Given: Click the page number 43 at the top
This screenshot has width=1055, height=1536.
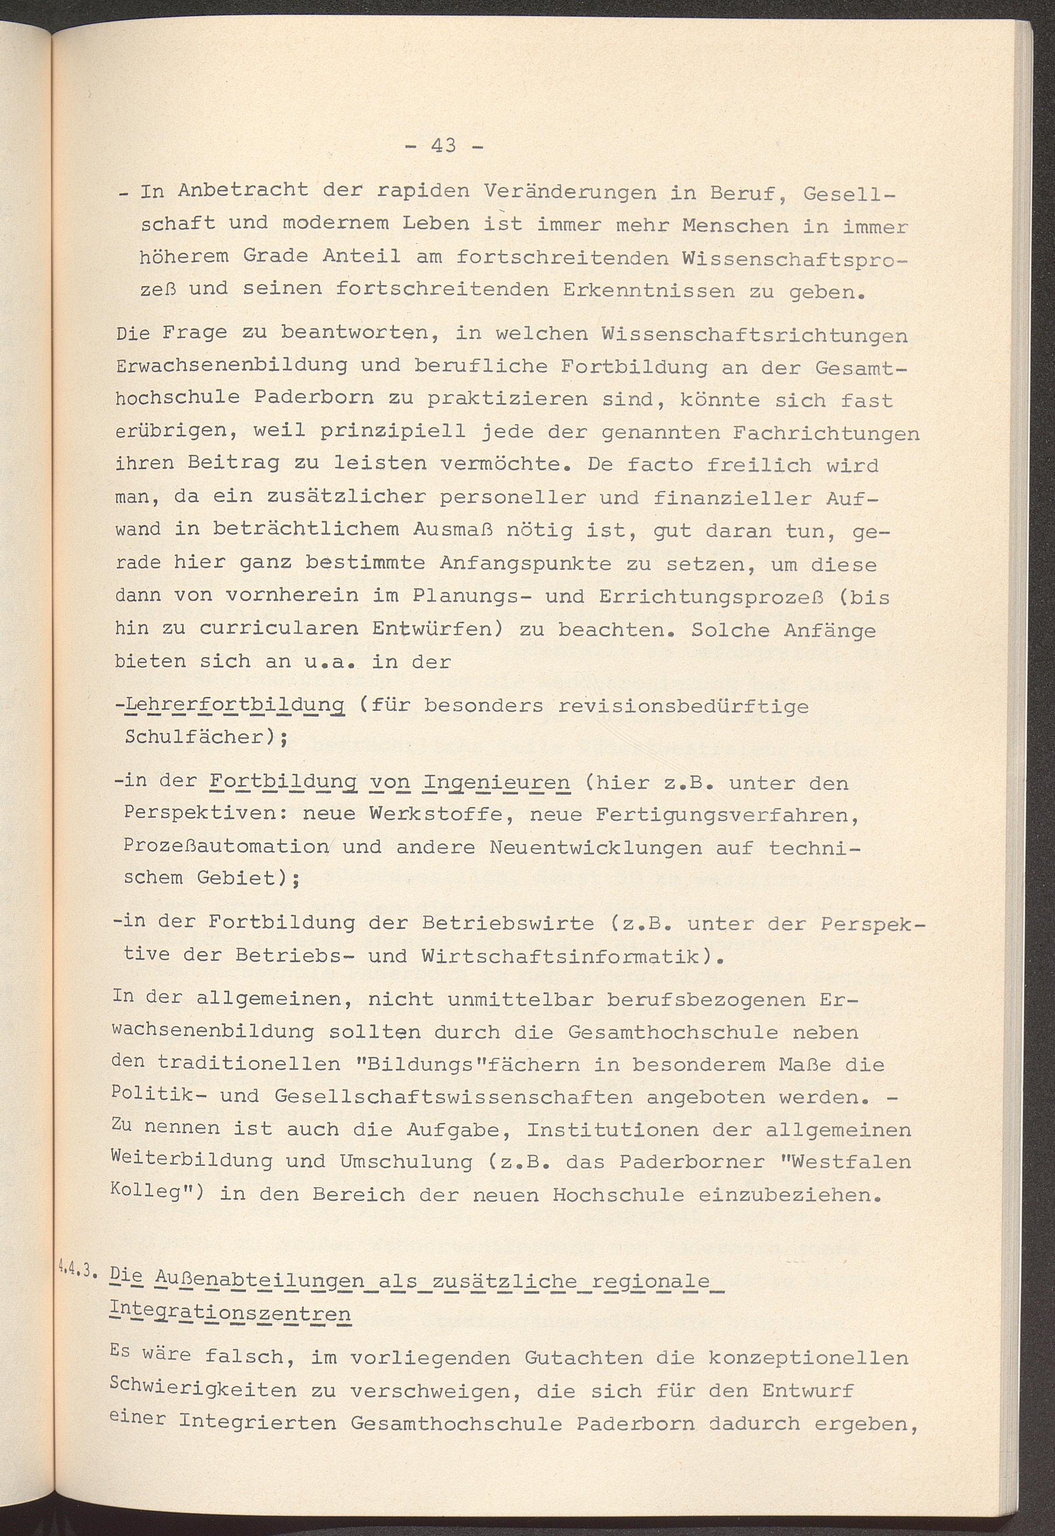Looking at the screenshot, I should [x=443, y=145].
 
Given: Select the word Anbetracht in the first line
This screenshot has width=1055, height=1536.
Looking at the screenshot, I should [x=243, y=191].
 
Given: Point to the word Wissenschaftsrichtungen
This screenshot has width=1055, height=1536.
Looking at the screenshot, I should [x=753, y=335].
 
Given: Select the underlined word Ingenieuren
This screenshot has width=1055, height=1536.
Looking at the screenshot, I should [x=496, y=784].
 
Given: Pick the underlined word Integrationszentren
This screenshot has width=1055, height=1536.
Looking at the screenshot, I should [x=230, y=1312].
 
